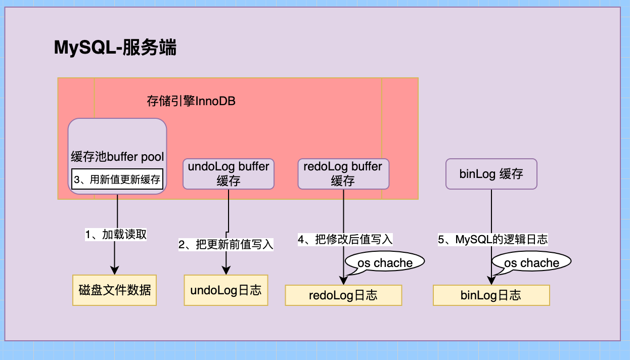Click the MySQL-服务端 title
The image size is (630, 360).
click(115, 48)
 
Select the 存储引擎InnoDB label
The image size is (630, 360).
click(191, 101)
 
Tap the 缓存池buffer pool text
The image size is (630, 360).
click(117, 157)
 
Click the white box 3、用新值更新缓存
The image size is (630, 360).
click(117, 179)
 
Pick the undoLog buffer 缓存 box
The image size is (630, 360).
click(229, 174)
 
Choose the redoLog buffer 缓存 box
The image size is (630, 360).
click(343, 174)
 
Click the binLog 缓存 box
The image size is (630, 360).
click(491, 174)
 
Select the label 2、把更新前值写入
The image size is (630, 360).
click(226, 245)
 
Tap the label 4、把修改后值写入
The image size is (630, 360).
click(345, 240)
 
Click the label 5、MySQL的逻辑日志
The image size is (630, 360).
click(492, 240)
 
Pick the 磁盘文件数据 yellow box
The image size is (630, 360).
click(115, 290)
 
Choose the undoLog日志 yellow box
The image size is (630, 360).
click(226, 290)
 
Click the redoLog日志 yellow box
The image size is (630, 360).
click(343, 295)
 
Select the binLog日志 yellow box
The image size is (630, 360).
click(491, 295)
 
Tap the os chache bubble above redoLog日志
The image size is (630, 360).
click(385, 262)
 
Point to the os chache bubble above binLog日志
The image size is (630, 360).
click(531, 262)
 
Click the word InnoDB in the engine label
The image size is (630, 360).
click(215, 101)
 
